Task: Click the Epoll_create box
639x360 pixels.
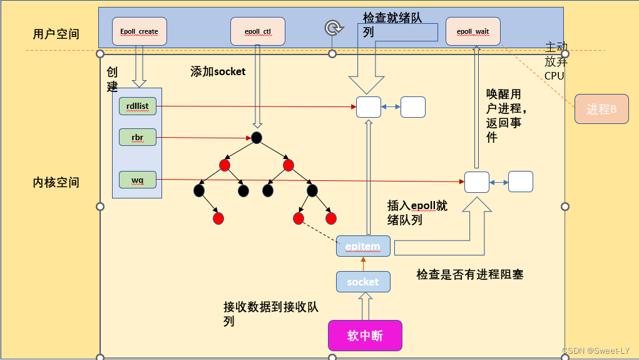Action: [x=139, y=31]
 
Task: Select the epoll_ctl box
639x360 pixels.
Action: [x=258, y=31]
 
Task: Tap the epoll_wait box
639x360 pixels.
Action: [x=473, y=31]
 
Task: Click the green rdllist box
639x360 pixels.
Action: [x=137, y=106]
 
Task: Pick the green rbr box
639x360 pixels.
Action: [x=137, y=138]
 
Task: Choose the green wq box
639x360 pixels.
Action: [x=137, y=180]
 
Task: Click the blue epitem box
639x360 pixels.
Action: [x=363, y=246]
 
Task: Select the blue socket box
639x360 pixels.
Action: [x=363, y=282]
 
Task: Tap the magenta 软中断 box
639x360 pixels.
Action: [x=365, y=336]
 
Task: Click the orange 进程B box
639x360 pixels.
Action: [x=601, y=110]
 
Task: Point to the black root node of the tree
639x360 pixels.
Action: [x=256, y=138]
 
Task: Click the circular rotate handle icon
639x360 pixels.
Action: [x=334, y=28]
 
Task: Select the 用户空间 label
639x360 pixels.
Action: [x=57, y=34]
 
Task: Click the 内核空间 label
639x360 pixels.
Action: [x=56, y=183]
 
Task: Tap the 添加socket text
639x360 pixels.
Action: [x=218, y=71]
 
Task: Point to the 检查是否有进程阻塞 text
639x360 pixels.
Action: [x=469, y=274]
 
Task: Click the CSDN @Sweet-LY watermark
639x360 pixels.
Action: [x=595, y=351]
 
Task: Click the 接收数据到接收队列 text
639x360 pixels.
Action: [x=271, y=314]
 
